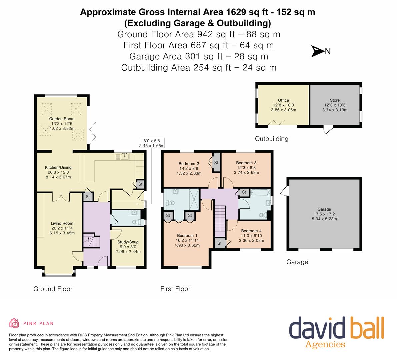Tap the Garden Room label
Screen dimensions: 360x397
62,119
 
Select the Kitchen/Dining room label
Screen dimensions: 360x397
58,167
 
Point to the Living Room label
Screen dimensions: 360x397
62,223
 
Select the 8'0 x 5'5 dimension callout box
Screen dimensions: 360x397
152,143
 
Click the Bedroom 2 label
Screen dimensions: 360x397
189,163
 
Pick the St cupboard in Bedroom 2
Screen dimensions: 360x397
216,162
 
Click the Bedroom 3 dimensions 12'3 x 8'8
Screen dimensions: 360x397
246,168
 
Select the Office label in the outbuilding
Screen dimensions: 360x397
283,100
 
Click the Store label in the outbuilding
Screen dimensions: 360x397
335,100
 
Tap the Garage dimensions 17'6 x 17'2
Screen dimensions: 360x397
324,214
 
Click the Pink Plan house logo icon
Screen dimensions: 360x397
14,323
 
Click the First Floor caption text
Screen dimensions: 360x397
175,289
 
